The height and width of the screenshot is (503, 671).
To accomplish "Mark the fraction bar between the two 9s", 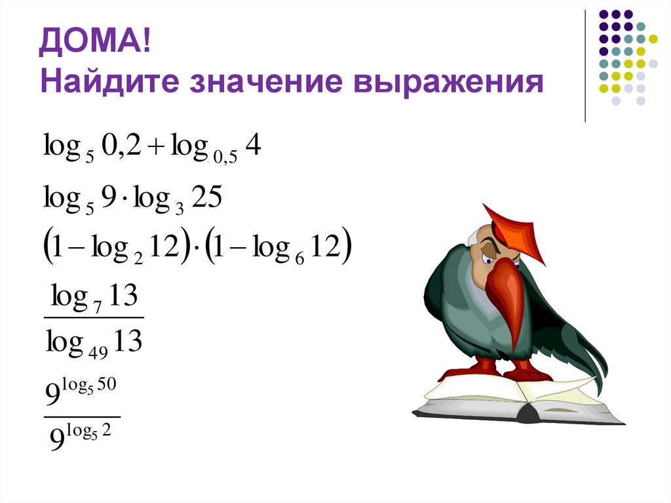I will click(x=81, y=415).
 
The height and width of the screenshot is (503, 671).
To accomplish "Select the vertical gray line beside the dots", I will click(x=585, y=66).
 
